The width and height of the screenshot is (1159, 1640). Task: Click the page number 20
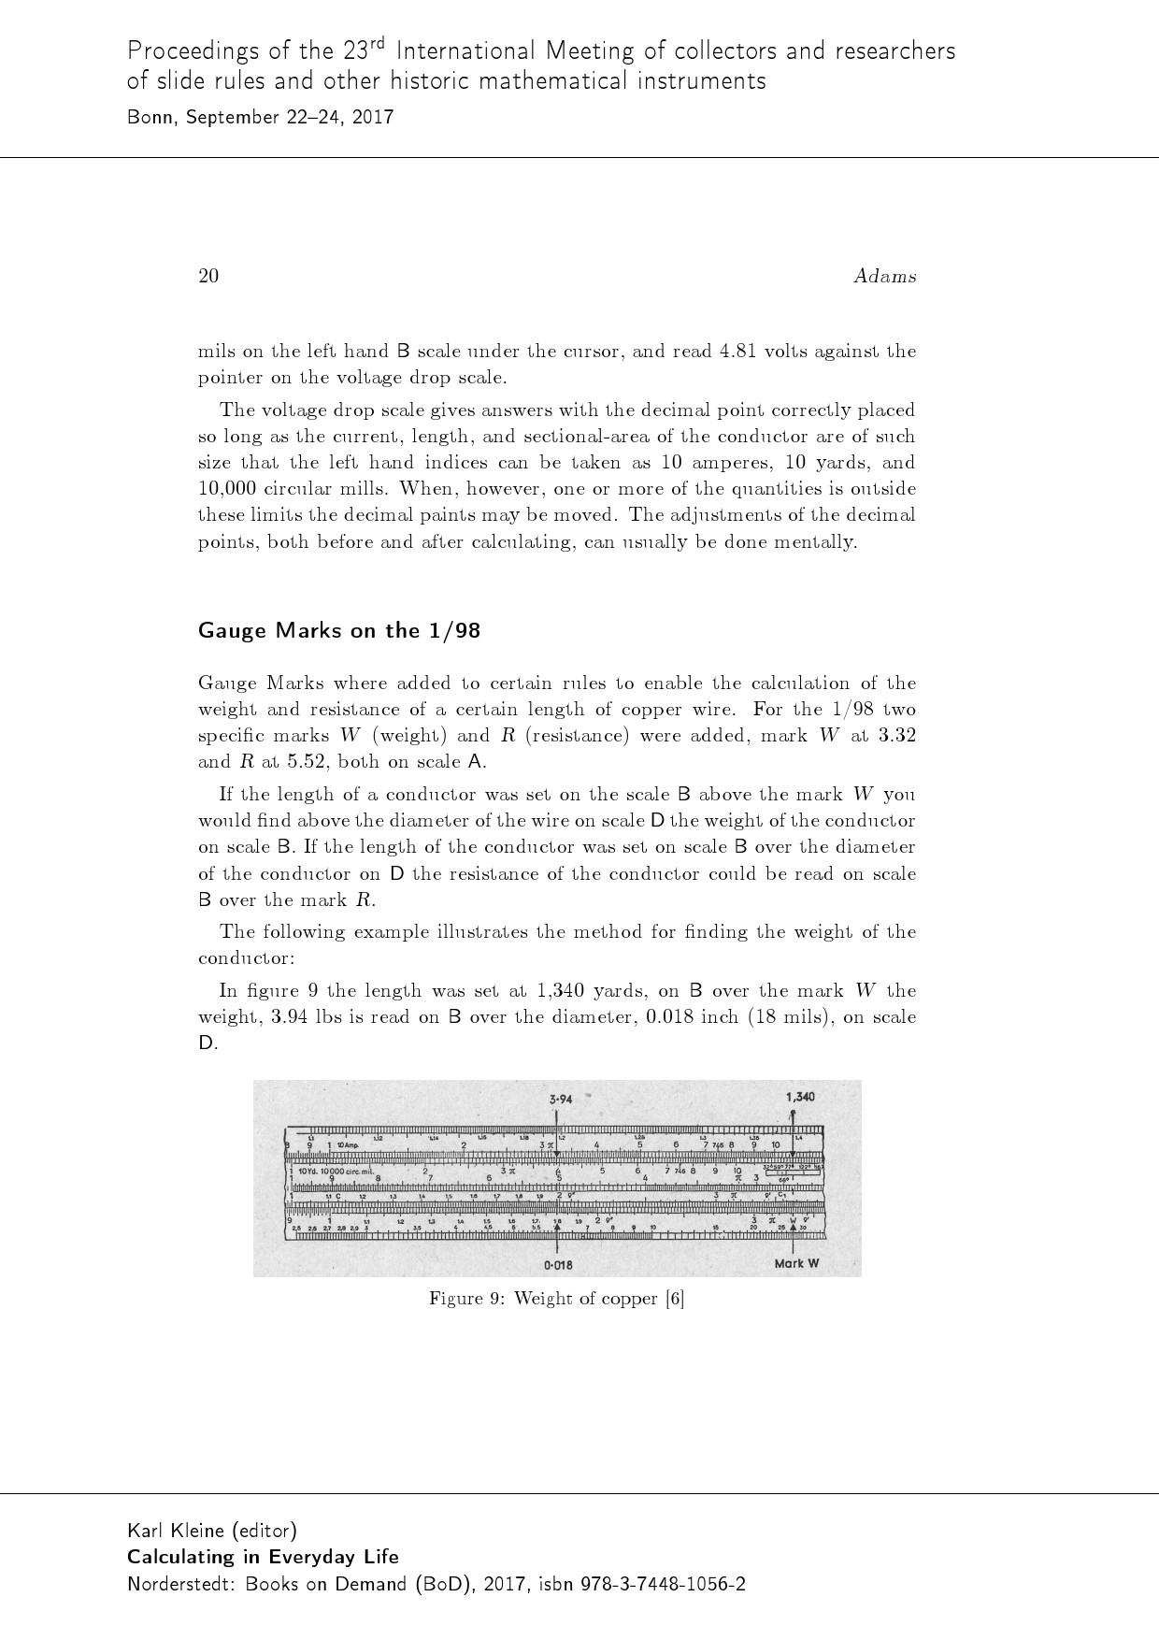pos(208,276)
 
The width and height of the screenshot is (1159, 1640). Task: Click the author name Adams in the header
pos(884,276)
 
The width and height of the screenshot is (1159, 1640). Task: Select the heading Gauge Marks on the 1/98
pos(339,630)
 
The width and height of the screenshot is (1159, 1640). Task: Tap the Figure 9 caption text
pos(556,1299)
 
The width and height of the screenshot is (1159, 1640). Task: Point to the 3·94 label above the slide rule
pos(561,1099)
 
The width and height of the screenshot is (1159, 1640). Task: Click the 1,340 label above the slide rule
pos(799,1097)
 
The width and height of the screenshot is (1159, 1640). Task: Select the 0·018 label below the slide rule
pos(558,1265)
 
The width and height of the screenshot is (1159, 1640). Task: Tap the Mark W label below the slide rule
pos(796,1263)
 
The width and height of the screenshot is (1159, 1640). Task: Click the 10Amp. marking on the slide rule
pos(348,1145)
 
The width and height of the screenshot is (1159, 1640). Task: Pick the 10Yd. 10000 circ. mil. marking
pos(335,1172)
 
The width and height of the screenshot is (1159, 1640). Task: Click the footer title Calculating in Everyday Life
pos(263,1557)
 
